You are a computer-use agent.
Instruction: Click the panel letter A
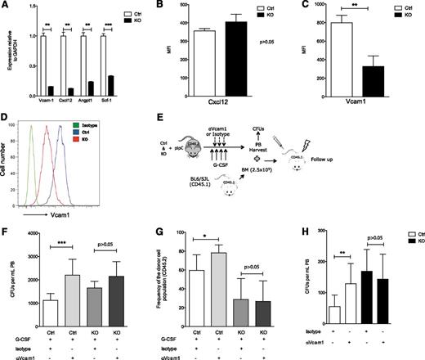6,6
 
